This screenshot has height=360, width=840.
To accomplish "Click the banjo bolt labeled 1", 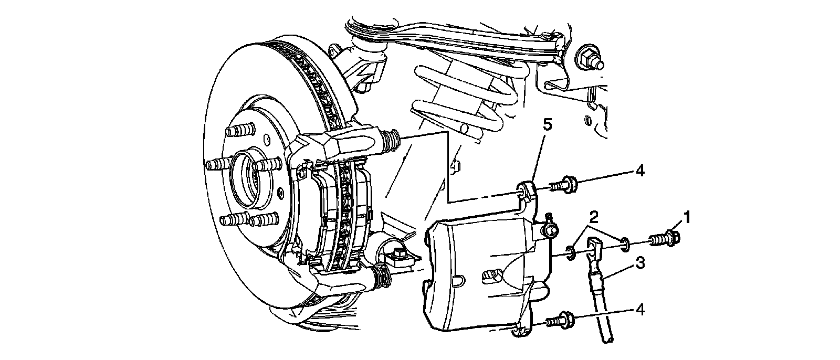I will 666,239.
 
